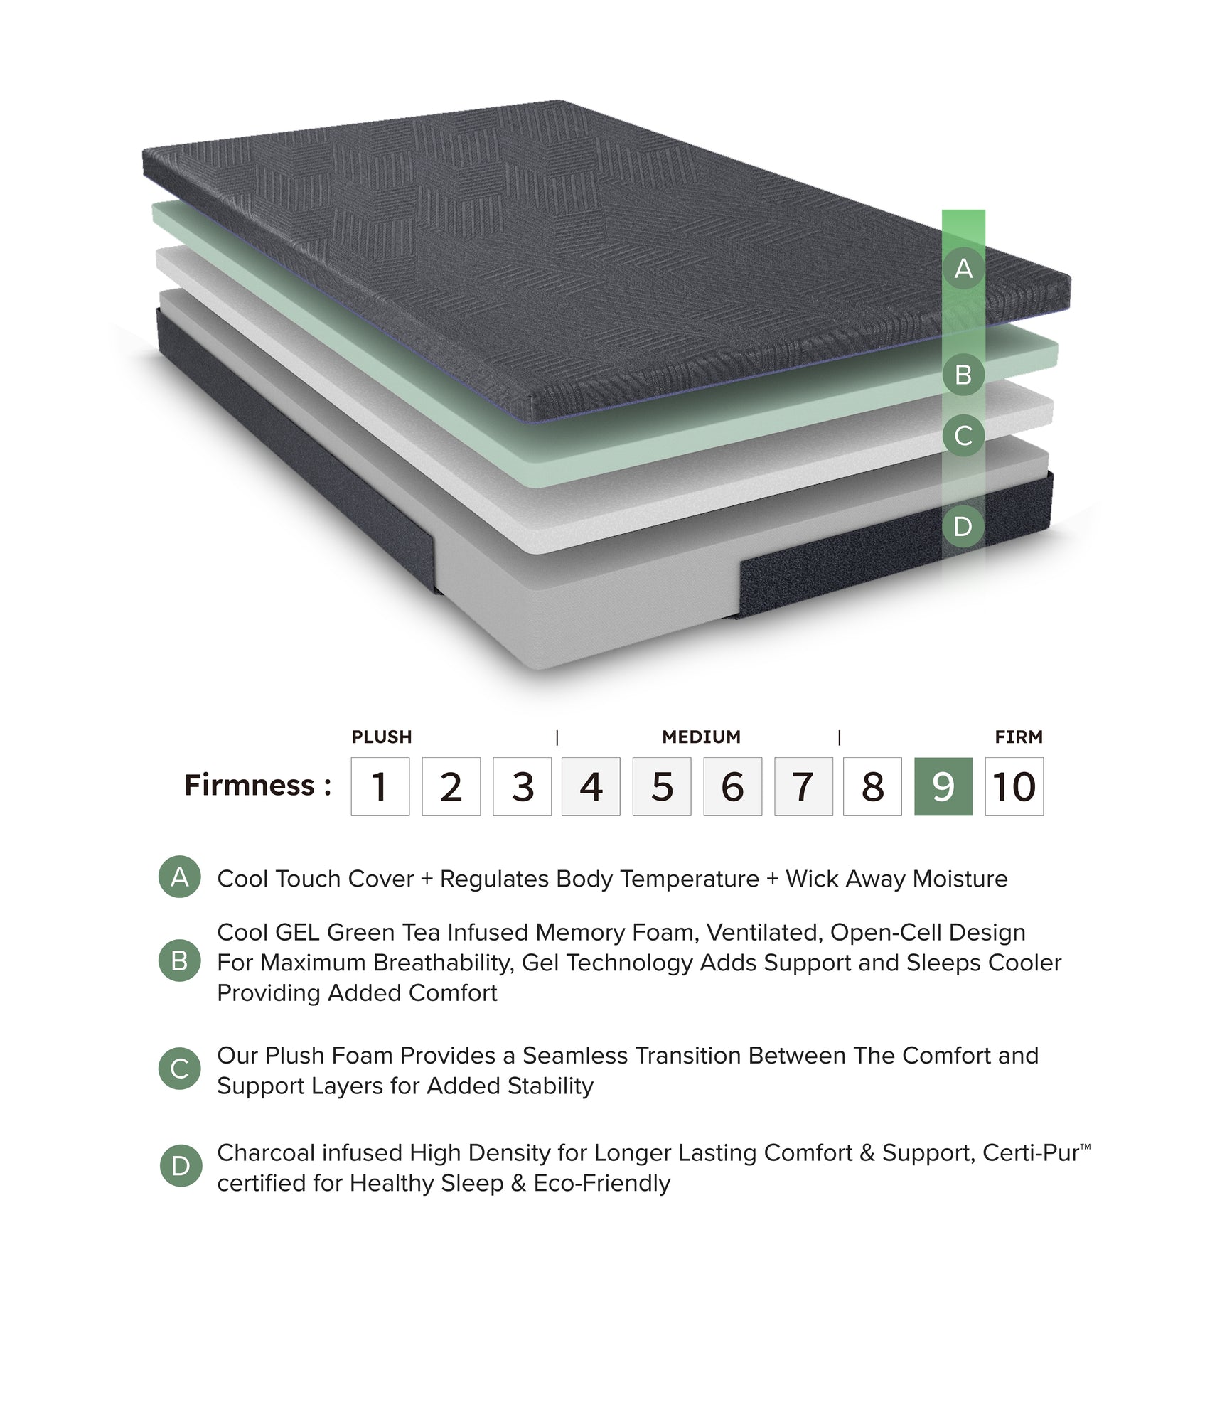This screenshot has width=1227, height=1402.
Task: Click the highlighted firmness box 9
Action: point(943,786)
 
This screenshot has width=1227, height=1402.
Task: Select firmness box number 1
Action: point(380,786)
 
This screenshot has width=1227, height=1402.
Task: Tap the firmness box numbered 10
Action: point(1014,786)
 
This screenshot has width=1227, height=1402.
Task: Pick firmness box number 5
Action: point(661,786)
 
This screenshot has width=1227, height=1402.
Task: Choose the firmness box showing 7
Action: point(803,786)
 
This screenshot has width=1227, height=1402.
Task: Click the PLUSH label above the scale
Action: point(382,737)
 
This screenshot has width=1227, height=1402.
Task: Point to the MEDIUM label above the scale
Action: point(701,737)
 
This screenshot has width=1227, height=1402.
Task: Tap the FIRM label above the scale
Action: point(1019,737)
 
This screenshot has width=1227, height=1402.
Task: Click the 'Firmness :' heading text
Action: point(257,785)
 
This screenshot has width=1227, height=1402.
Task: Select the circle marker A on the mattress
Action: point(963,269)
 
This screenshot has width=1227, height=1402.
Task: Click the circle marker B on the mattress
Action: point(963,375)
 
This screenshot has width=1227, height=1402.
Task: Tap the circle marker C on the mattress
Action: point(963,436)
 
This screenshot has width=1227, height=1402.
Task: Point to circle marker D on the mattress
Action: point(963,527)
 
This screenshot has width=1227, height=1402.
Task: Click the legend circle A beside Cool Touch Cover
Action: point(180,877)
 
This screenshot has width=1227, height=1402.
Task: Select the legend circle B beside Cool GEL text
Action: point(180,960)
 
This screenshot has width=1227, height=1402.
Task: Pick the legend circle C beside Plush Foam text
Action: point(180,1069)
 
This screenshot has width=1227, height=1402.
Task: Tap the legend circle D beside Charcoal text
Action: point(181,1166)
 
